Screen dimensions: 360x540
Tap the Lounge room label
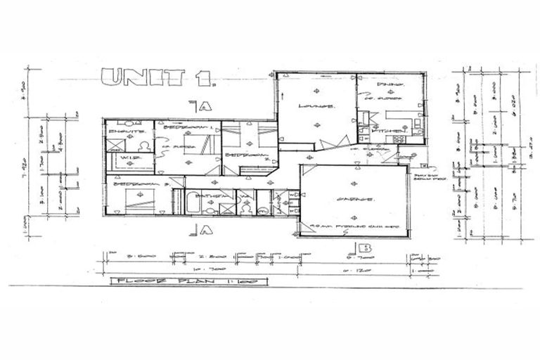click(316, 106)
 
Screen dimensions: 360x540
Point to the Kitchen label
click(392, 131)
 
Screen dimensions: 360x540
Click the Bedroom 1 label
click(187, 129)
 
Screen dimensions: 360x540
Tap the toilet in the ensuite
click(144, 146)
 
